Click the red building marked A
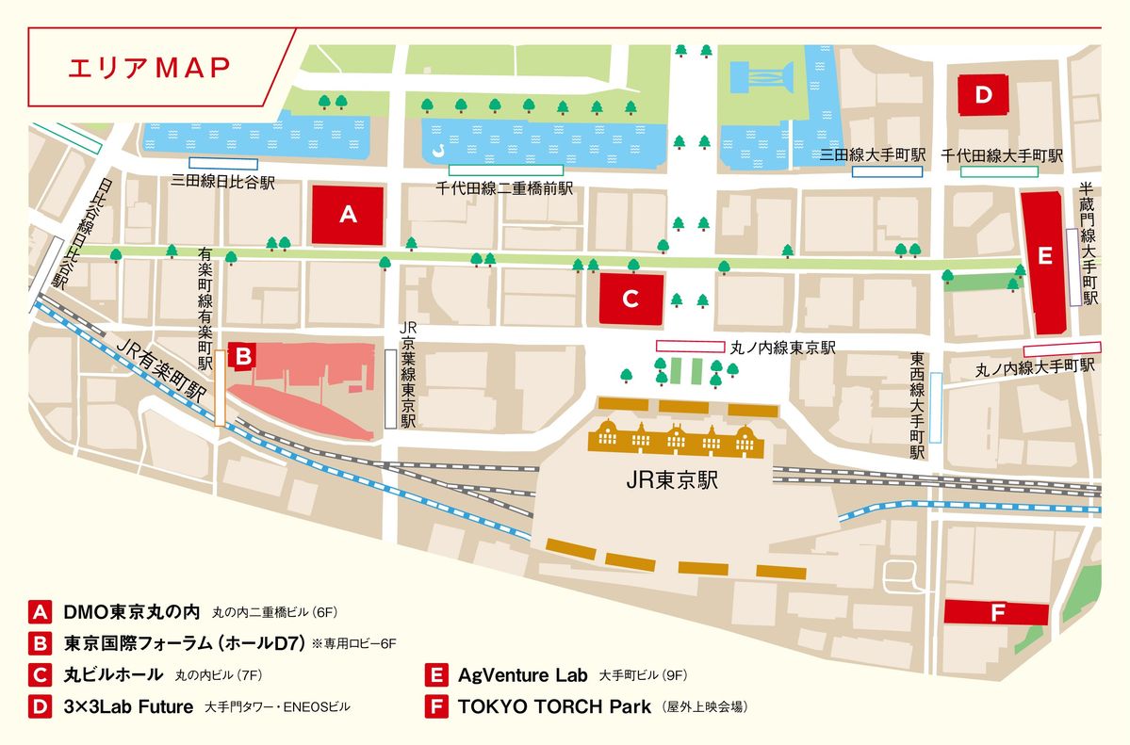(x=348, y=215)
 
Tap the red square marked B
(x=242, y=356)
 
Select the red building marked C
(x=631, y=299)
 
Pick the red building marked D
(x=984, y=94)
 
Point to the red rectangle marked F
(x=997, y=613)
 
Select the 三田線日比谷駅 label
(x=223, y=183)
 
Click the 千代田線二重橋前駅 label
(x=504, y=189)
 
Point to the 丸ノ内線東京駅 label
(x=783, y=348)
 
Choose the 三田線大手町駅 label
(x=874, y=154)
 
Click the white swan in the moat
(x=438, y=151)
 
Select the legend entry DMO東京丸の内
(x=132, y=611)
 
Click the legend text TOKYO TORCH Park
(x=554, y=706)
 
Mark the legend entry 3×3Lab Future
(x=128, y=706)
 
